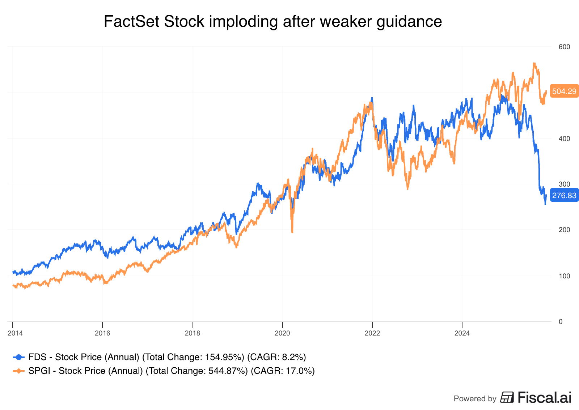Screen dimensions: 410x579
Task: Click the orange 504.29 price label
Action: tap(564, 91)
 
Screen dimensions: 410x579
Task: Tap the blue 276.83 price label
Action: tap(564, 196)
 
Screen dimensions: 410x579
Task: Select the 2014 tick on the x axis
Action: tap(15, 333)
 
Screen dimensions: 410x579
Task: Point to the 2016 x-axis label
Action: tap(102, 333)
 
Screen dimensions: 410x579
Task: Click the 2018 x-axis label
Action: tap(193, 333)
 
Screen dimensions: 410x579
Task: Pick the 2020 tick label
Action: tap(282, 333)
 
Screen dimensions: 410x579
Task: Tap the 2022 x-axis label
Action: tap(372, 333)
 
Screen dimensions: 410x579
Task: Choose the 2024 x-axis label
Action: tap(462, 333)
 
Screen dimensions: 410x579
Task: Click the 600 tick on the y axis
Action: tap(564, 47)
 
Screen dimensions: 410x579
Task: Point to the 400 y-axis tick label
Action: tap(564, 139)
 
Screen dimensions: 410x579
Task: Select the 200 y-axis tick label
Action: tap(564, 230)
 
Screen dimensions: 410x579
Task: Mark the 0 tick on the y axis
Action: tap(561, 321)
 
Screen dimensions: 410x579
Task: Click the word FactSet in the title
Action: tap(131, 22)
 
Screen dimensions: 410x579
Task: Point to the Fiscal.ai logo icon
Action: tap(507, 397)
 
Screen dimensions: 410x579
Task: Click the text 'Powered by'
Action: tap(475, 399)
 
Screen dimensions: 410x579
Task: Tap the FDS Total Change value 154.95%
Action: tap(225, 357)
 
